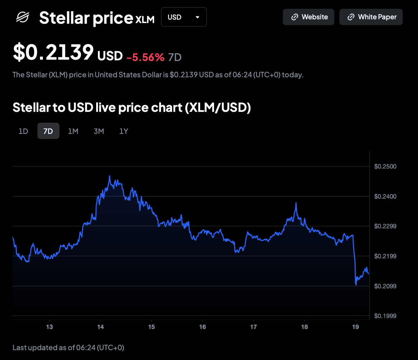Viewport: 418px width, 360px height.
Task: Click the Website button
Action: [308, 17]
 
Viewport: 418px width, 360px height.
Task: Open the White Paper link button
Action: [371, 17]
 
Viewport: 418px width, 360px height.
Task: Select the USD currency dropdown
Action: [184, 17]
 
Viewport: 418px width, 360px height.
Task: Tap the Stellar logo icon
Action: [23, 17]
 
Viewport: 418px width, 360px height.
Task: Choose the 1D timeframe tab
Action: [23, 131]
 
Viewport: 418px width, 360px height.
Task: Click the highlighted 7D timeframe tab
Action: [48, 131]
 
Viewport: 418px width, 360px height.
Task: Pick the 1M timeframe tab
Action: [73, 131]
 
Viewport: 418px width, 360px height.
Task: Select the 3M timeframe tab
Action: [99, 131]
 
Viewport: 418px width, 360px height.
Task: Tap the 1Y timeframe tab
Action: [124, 131]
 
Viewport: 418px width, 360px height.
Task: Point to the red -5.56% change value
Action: [145, 57]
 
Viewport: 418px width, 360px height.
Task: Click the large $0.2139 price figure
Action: [53, 53]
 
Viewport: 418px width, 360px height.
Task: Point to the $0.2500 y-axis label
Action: [385, 166]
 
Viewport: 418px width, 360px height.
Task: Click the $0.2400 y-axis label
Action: [385, 196]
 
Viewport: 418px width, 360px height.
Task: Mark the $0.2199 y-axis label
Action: [385, 256]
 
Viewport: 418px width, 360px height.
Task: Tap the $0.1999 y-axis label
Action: [385, 316]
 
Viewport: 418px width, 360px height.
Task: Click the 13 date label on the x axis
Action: [49, 327]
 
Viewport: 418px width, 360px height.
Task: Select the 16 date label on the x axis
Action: [203, 327]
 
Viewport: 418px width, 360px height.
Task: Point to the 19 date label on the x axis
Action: [355, 327]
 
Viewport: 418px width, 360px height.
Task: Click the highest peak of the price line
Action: [109, 176]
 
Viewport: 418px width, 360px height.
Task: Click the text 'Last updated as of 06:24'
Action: [68, 347]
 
